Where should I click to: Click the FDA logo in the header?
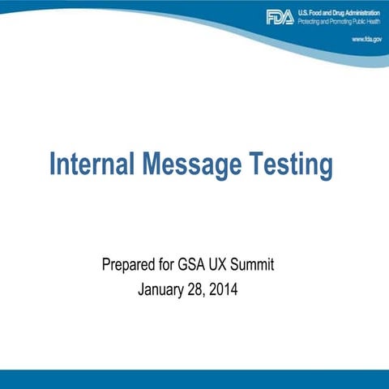(280, 16)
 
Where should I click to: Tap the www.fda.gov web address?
(367, 38)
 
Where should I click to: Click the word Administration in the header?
(358, 11)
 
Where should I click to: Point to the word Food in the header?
(315, 11)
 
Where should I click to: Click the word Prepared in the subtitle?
(128, 264)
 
